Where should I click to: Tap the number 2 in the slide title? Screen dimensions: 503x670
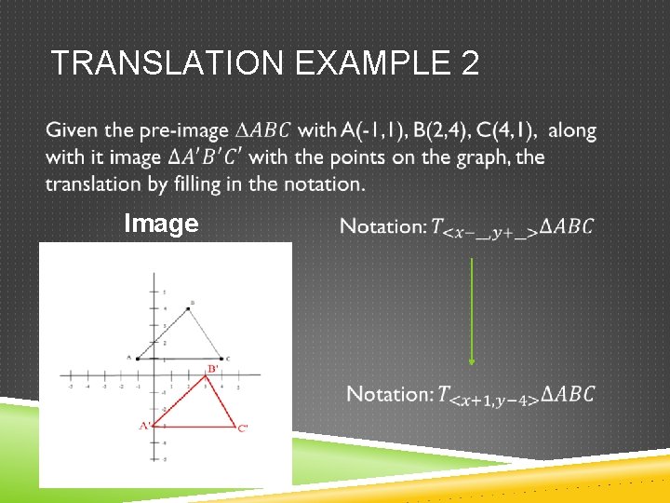[468, 63]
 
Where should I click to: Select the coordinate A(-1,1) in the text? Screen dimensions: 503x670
[372, 129]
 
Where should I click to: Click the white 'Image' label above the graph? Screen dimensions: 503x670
[161, 224]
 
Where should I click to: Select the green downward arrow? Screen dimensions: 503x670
[472, 311]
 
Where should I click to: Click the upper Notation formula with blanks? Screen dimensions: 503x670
[466, 226]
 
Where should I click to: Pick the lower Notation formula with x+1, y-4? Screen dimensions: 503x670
[470, 395]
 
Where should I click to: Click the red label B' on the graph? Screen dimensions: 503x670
[212, 370]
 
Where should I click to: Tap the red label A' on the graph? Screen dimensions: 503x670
[145, 426]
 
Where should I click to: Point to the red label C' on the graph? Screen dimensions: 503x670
[243, 428]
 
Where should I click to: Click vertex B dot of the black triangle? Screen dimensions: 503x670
[189, 308]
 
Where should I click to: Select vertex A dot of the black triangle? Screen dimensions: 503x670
[137, 358]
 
